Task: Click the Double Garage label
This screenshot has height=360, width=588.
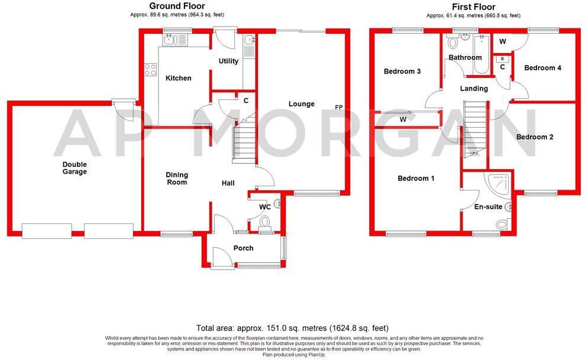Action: coord(75,168)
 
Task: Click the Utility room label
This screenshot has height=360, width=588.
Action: coord(228,61)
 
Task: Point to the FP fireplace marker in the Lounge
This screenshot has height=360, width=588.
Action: coord(338,107)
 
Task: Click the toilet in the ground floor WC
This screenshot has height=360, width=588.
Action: coord(264,222)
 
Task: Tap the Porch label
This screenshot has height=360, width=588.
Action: coord(243,248)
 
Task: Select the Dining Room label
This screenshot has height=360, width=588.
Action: coord(176,178)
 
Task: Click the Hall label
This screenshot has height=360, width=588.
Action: coord(228,183)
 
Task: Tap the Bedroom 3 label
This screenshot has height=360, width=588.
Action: coord(402,72)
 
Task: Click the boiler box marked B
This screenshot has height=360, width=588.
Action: coord(503,59)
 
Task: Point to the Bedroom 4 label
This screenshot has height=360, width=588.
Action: coord(543,68)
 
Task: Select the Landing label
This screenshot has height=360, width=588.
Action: coord(474,89)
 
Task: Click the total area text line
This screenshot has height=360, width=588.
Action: coord(293,327)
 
